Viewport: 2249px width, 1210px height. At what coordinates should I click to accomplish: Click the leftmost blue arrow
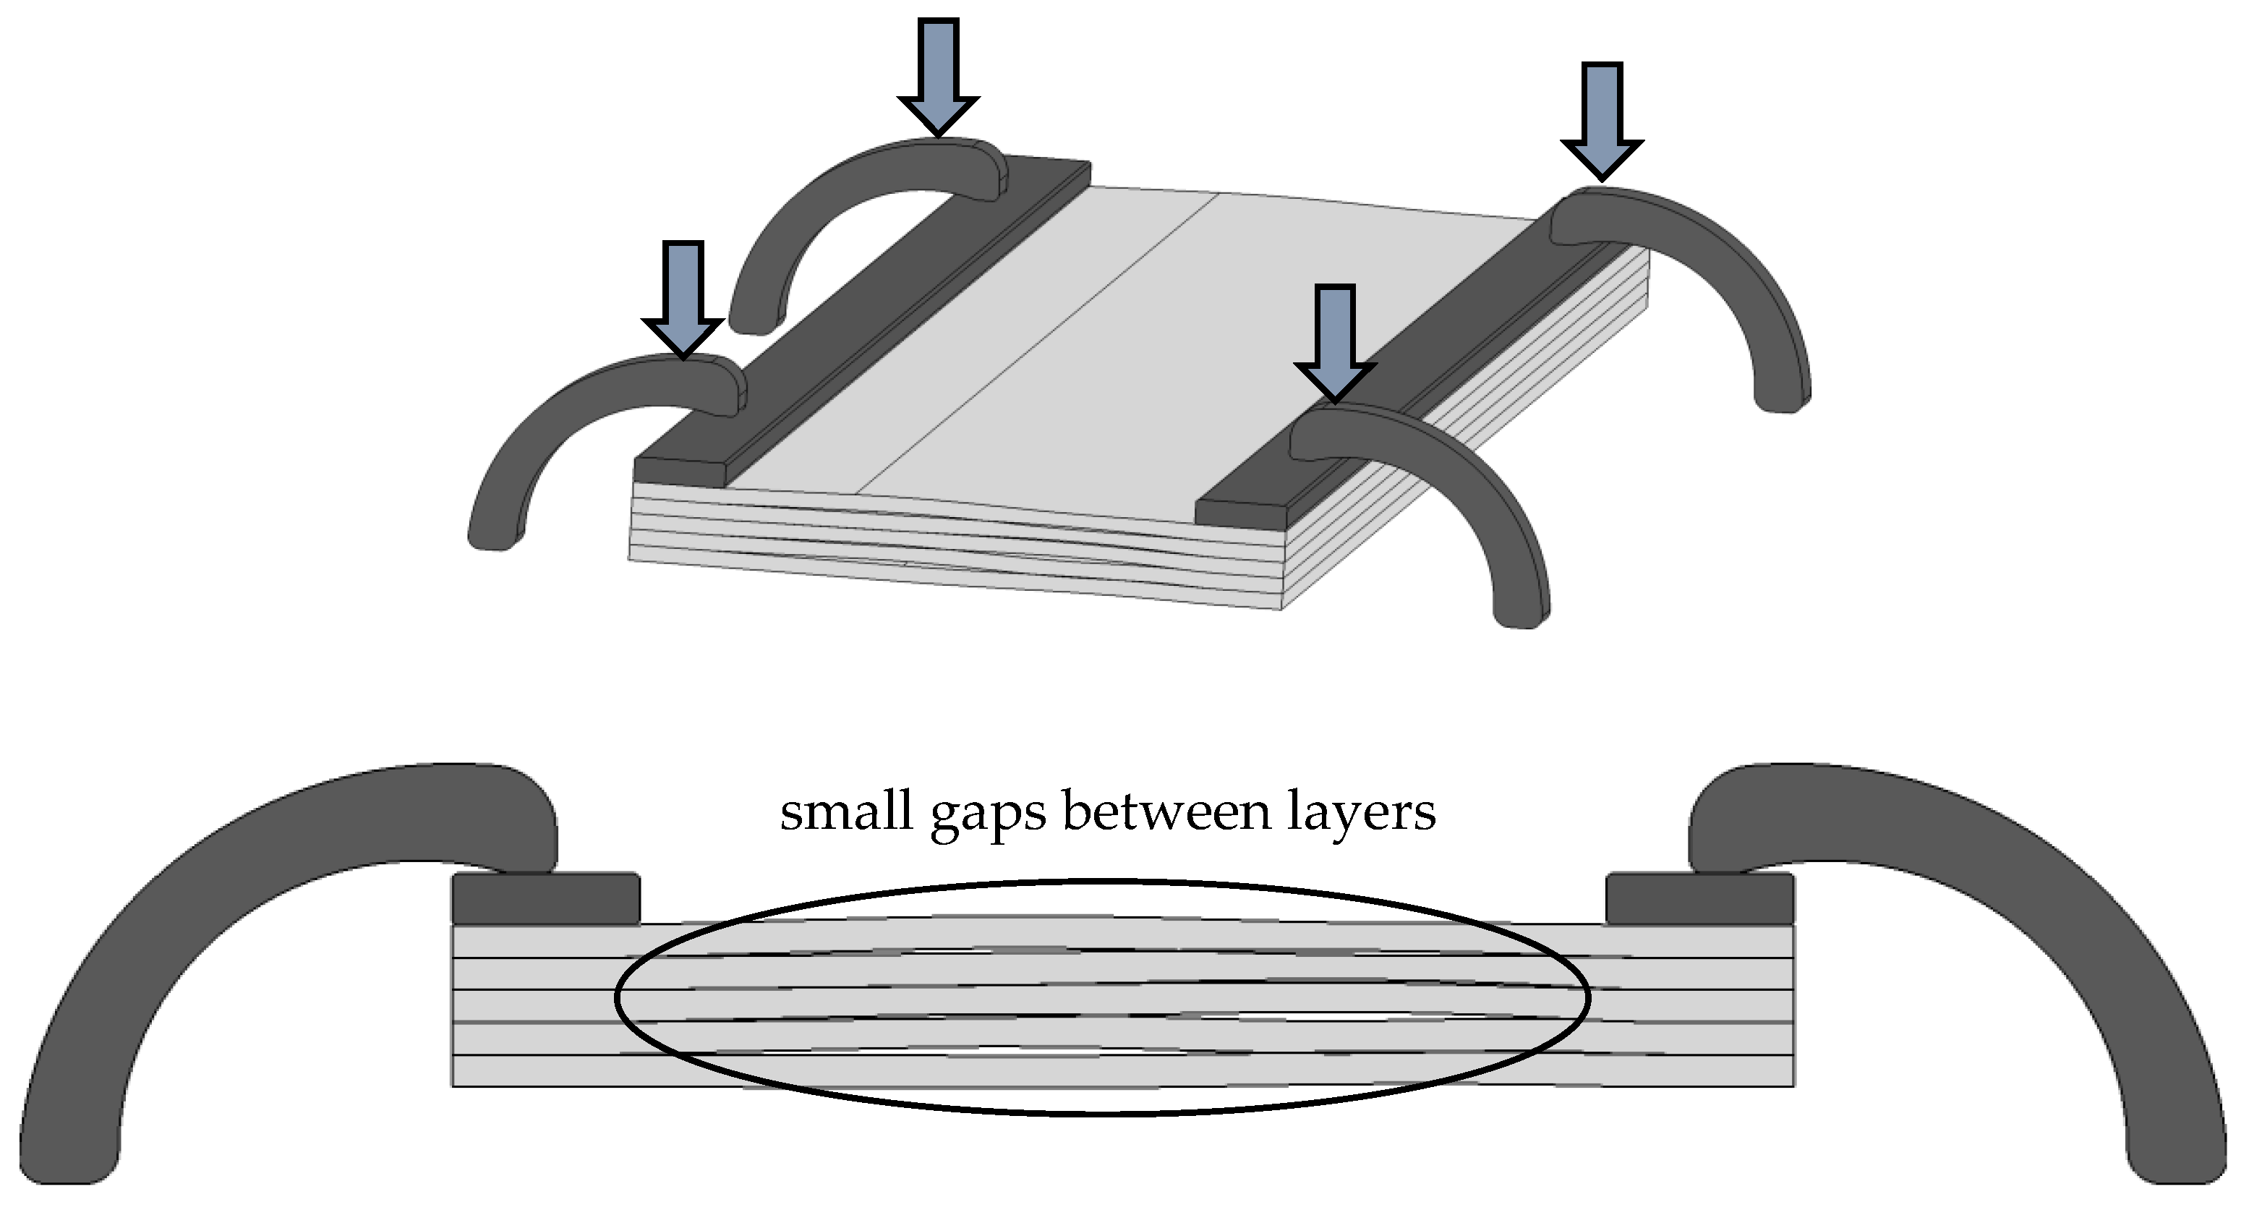coord(683,297)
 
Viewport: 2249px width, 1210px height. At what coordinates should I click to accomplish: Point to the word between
coord(1166,812)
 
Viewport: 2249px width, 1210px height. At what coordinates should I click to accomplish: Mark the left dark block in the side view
coord(546,898)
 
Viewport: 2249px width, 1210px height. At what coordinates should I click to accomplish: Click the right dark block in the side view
coord(1700,898)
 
